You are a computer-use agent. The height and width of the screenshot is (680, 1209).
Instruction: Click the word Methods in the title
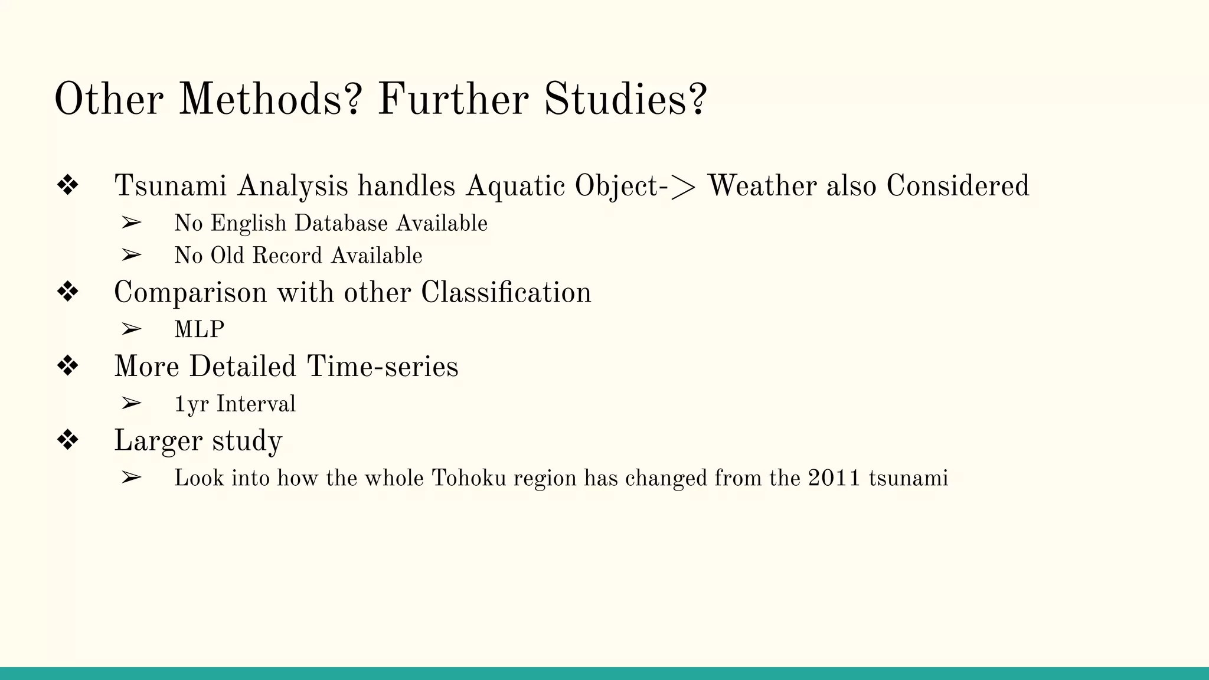pyautogui.click(x=269, y=99)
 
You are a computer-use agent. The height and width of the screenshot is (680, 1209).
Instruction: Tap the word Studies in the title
pyautogui.click(x=625, y=99)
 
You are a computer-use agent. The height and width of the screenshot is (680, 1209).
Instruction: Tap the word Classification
pyautogui.click(x=505, y=293)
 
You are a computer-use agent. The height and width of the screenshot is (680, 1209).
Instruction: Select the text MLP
pyautogui.click(x=199, y=329)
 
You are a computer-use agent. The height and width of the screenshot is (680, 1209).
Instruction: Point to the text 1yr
pyautogui.click(x=191, y=404)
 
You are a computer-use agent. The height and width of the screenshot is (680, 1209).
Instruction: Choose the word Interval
pyautogui.click(x=256, y=404)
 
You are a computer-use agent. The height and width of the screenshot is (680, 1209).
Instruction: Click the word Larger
pyautogui.click(x=157, y=441)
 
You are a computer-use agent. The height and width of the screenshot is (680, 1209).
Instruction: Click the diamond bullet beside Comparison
pyautogui.click(x=68, y=292)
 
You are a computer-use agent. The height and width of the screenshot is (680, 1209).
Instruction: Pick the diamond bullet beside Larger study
pyautogui.click(x=68, y=440)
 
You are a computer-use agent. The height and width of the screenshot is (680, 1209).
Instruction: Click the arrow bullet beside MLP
pyautogui.click(x=131, y=329)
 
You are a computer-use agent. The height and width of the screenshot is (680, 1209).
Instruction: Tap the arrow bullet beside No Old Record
pyautogui.click(x=131, y=255)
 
